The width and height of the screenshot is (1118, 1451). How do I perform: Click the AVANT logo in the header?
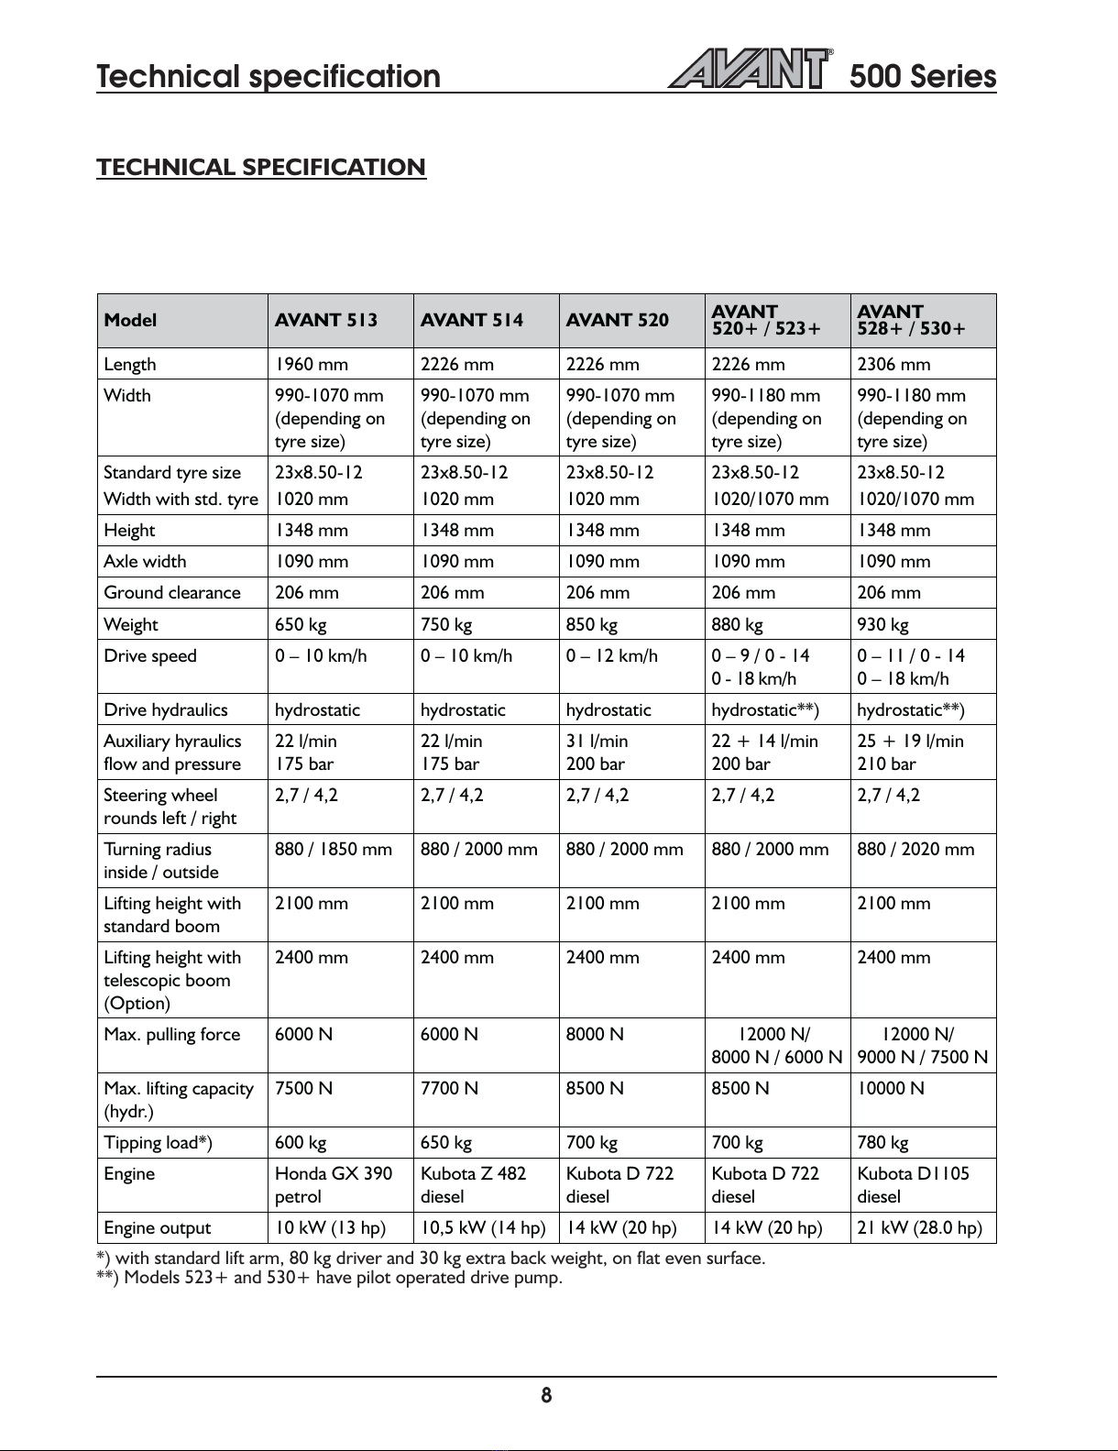click(750, 69)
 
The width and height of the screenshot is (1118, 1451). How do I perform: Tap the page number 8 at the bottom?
click(546, 1396)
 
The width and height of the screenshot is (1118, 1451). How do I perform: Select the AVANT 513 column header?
click(326, 320)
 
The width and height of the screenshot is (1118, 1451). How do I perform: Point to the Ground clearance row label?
click(172, 593)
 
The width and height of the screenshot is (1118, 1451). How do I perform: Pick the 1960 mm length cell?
click(312, 365)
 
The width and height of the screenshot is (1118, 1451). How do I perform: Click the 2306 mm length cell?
click(893, 365)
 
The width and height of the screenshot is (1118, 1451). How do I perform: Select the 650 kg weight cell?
click(301, 625)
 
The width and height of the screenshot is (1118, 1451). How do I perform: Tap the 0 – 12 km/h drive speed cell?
click(611, 656)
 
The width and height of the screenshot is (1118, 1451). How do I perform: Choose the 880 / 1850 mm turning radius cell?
click(334, 850)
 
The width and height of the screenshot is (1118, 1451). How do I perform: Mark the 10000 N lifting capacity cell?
click(891, 1089)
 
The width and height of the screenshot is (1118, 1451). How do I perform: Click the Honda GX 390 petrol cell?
click(334, 1185)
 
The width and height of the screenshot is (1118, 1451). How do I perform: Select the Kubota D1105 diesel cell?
click(913, 1185)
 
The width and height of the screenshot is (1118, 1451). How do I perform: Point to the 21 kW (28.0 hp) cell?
click(919, 1228)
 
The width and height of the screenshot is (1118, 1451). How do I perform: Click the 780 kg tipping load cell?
click(882, 1143)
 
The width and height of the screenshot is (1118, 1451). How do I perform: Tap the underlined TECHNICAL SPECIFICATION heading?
click(261, 168)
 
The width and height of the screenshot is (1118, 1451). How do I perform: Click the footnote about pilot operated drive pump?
click(329, 1278)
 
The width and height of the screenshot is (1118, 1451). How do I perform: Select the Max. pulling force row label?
click(172, 1035)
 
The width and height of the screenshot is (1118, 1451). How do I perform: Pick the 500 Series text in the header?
click(922, 76)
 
